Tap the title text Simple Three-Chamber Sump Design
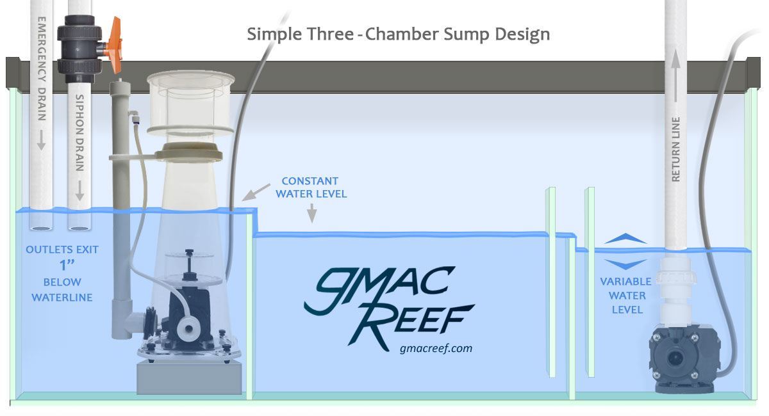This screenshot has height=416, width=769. pos(398,34)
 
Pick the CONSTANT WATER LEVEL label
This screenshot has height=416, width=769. pos(310,187)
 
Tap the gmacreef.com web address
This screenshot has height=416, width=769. pos(435,348)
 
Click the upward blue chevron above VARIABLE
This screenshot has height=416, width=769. pos(625,239)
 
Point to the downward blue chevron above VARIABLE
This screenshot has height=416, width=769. pos(625,264)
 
